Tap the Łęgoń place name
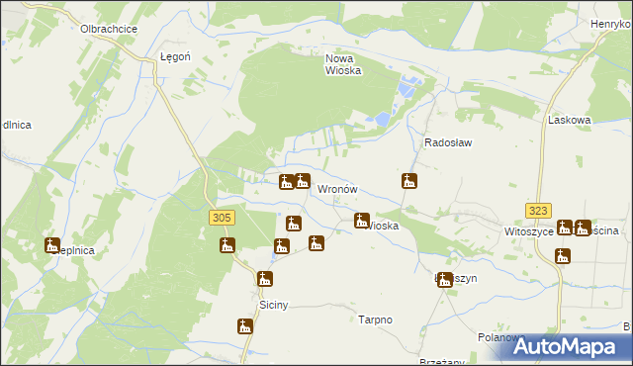(174, 57)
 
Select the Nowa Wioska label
(344, 64)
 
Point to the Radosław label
(448, 142)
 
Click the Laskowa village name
(569, 120)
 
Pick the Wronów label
(336, 189)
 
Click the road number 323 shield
(538, 211)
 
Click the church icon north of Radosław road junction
(408, 181)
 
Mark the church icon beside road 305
(226, 245)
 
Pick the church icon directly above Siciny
(264, 280)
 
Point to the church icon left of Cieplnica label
(52, 245)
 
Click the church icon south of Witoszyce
(563, 256)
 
